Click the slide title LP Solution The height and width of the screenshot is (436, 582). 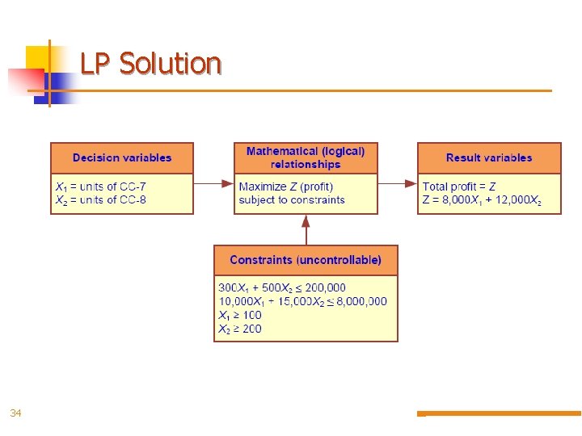point(150,63)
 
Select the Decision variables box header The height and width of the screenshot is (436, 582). point(122,157)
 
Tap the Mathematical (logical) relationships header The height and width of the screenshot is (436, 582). point(306,157)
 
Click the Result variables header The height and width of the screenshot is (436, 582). point(489,157)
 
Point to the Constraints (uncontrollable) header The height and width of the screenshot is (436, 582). point(306,260)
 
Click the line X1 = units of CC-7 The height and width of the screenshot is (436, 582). point(101,187)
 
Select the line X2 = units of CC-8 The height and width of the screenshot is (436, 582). point(101,199)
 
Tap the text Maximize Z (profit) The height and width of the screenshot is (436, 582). point(286,187)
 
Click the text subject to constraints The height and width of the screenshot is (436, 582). point(292,199)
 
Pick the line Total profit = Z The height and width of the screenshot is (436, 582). point(459,187)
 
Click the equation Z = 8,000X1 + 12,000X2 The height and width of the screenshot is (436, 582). point(482,199)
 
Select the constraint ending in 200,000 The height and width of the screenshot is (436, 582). point(282,287)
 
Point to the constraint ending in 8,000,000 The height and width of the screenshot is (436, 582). point(302,301)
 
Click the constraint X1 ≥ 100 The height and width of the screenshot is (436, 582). point(240,315)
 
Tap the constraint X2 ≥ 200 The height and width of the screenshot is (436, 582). point(240,329)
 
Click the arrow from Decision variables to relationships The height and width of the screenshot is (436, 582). point(214,184)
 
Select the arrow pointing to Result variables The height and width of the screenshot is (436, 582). point(398,184)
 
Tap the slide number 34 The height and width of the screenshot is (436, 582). point(15,413)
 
